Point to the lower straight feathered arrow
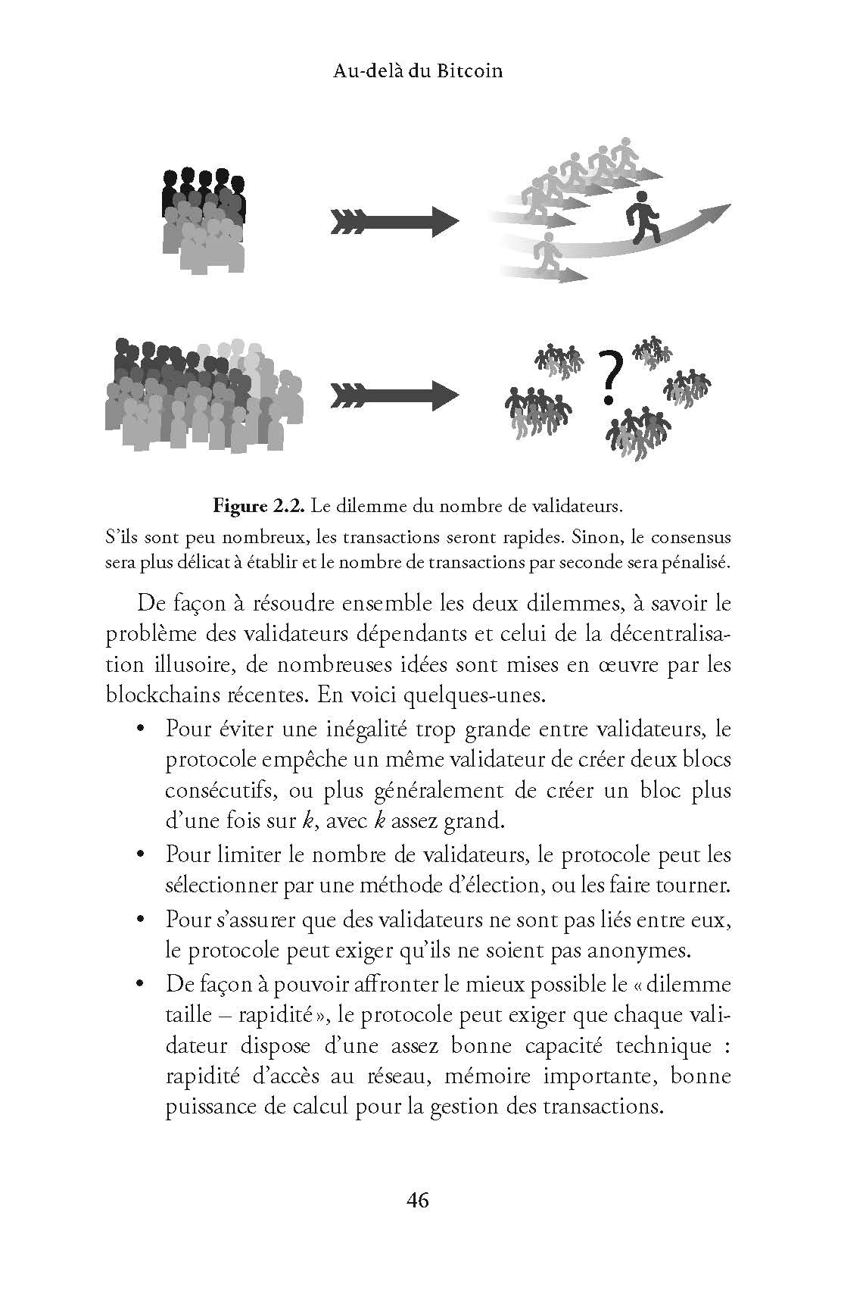point(394,395)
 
